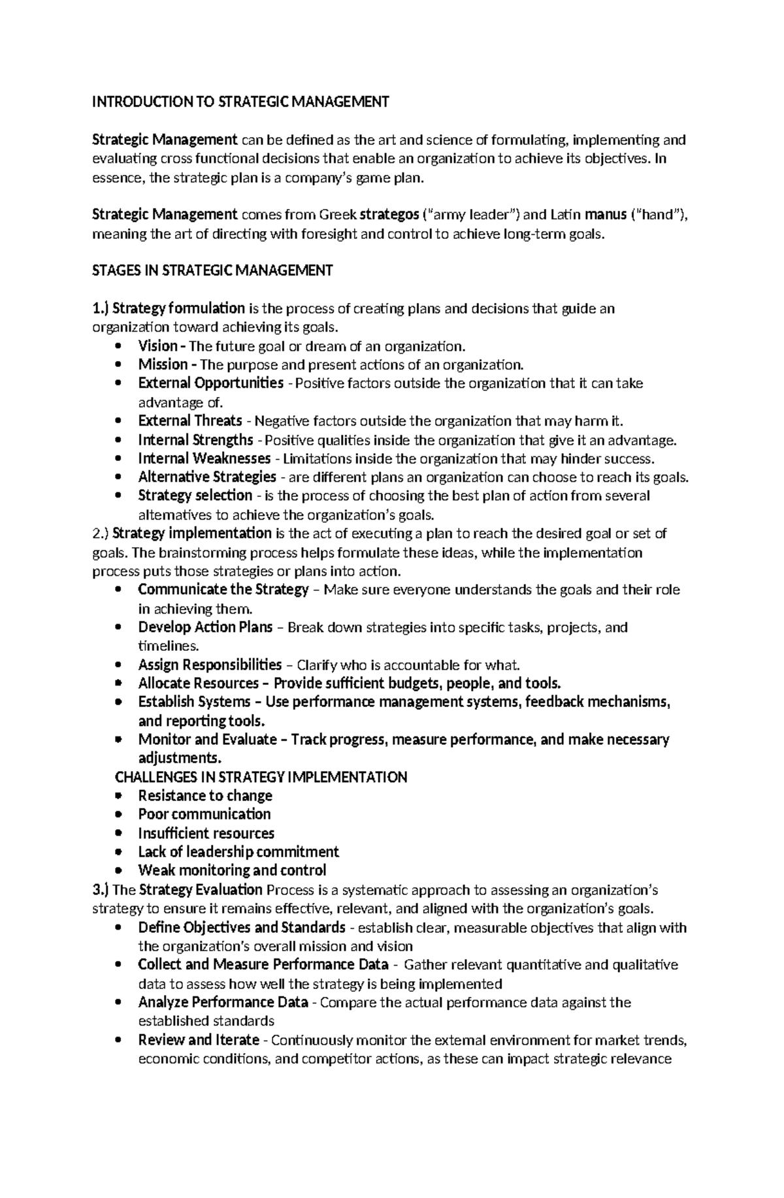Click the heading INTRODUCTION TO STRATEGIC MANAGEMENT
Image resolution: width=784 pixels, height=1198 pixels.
pos(240,102)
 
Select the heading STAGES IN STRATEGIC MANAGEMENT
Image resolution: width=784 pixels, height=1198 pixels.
pos(213,270)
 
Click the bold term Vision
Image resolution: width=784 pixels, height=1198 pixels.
pos(157,346)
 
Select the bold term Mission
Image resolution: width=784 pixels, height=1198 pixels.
pos(163,365)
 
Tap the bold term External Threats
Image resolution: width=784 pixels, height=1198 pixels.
pos(190,421)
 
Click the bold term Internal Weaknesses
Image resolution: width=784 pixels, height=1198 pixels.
pos(204,459)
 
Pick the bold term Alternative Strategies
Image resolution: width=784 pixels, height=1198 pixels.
pos(207,477)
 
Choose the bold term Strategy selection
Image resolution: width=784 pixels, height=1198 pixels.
pos(195,496)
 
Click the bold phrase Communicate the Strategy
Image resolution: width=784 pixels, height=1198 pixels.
pos(223,590)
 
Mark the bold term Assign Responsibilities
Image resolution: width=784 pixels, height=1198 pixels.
pos(210,665)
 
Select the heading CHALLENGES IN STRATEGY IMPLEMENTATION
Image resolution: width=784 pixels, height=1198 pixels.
pos(261,778)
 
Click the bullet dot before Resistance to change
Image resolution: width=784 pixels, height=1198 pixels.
pos(118,796)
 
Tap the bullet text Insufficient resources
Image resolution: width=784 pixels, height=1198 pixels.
pos(206,834)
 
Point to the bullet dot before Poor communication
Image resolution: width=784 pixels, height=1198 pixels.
pos(118,815)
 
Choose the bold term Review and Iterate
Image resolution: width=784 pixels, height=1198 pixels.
pos(199,1040)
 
